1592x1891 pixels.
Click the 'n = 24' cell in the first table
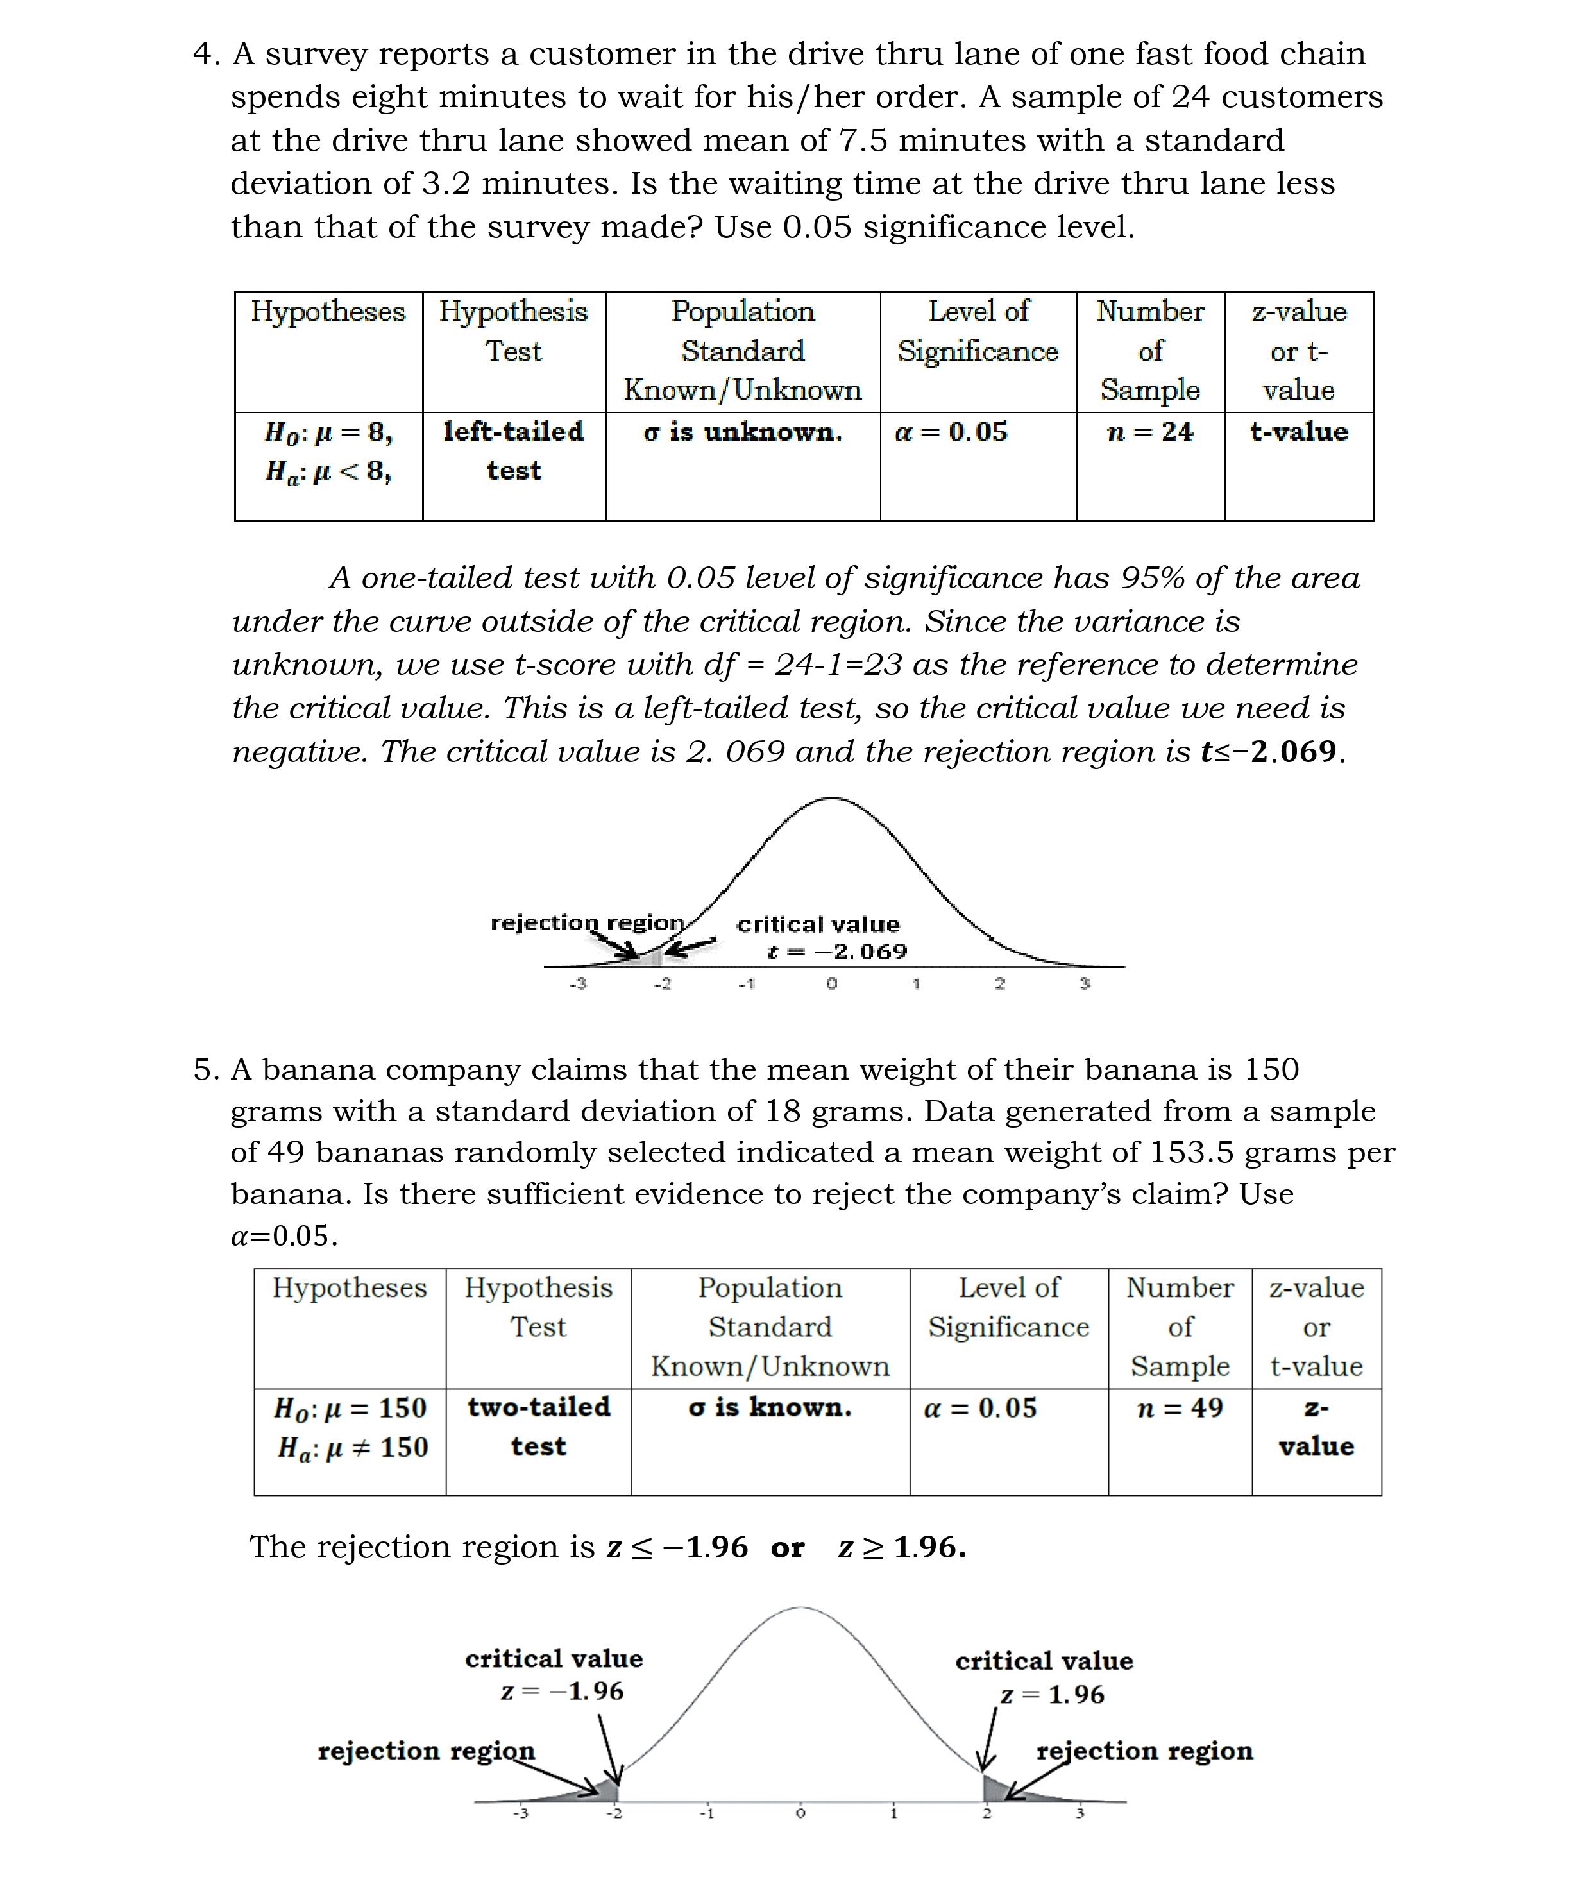point(1150,432)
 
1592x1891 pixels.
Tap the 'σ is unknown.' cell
point(742,432)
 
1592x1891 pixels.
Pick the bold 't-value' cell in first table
point(1299,432)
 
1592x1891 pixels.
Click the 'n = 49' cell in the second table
point(1180,1408)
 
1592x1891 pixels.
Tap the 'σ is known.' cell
point(770,1408)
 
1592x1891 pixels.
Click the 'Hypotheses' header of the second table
point(350,1288)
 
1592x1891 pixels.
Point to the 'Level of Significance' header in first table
point(978,331)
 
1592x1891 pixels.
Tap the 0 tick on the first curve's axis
point(831,983)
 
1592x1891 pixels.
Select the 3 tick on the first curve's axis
point(1085,983)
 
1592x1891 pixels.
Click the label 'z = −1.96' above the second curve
point(563,1692)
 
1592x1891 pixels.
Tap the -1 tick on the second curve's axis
point(707,1813)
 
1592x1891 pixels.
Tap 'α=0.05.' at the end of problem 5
point(284,1235)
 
